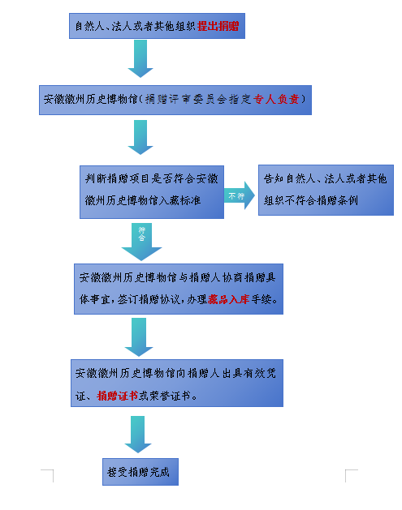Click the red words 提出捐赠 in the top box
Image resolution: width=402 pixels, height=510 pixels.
coord(218,26)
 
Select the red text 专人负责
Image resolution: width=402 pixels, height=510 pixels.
coord(276,99)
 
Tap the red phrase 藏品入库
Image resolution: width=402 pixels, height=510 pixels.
coord(229,299)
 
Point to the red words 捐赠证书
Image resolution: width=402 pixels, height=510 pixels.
coord(118,396)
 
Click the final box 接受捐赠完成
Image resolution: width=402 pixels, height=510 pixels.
coord(140,472)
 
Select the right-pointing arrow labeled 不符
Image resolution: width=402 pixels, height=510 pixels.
coord(239,195)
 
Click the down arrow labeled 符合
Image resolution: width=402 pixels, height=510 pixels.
coord(141,242)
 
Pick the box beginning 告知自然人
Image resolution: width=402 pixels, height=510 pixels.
coord(326,190)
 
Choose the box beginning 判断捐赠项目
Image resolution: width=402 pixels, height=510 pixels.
coord(152,192)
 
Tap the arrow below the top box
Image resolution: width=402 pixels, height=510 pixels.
coord(140,58)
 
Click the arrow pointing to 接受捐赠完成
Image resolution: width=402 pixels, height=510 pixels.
coord(138,435)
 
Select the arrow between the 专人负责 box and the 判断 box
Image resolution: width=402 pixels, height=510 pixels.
coord(140,137)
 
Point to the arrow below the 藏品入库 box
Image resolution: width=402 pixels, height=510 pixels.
coord(139,337)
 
